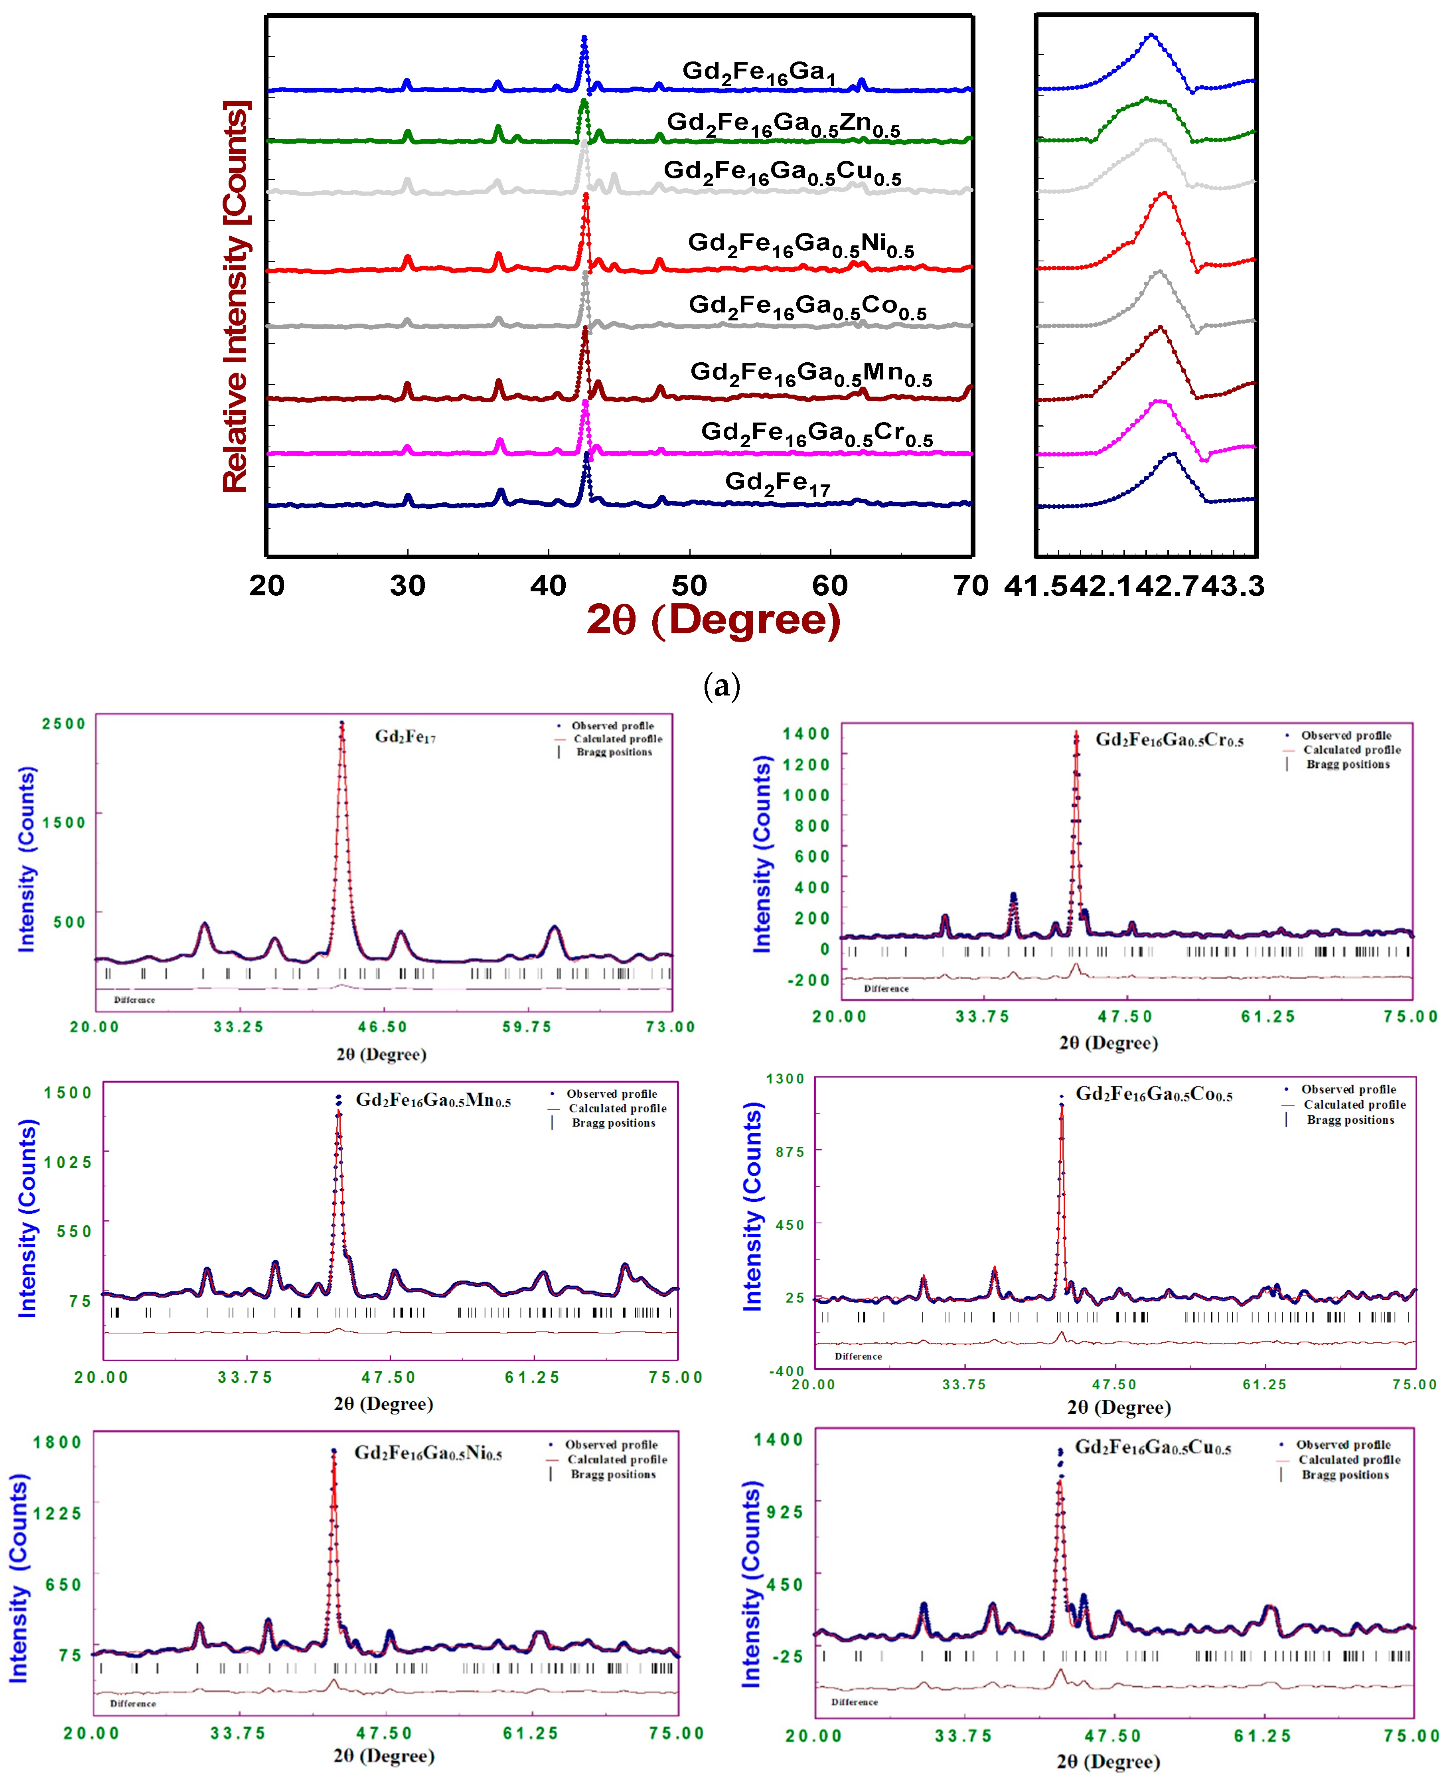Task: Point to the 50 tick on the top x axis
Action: (x=689, y=586)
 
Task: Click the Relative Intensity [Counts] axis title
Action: (x=236, y=296)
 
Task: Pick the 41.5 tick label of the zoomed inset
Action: (x=1036, y=586)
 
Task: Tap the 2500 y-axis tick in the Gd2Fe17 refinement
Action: (x=64, y=723)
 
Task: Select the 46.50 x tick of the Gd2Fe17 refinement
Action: (x=383, y=1027)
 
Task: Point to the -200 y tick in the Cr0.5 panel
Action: (x=809, y=980)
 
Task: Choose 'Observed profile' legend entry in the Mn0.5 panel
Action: (x=611, y=1094)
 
